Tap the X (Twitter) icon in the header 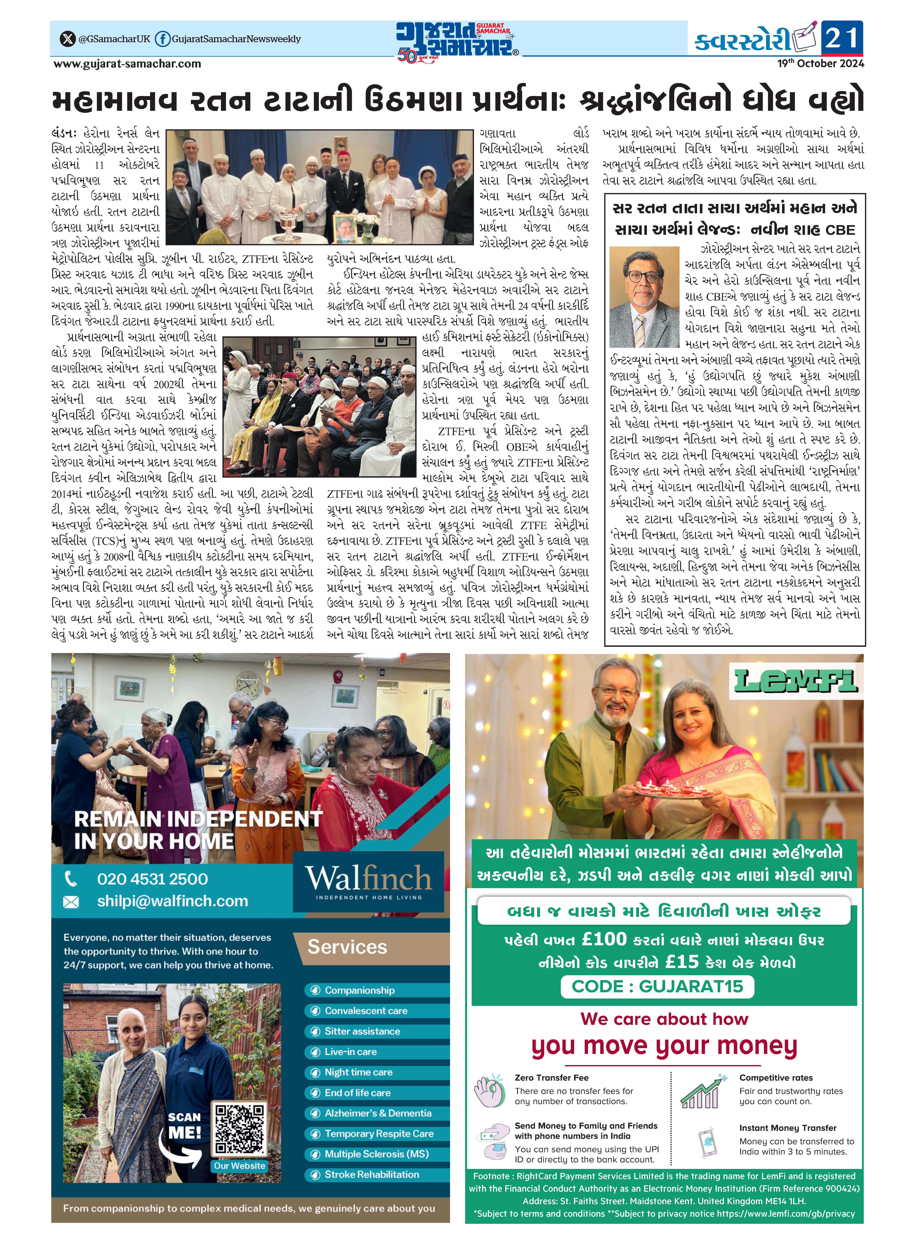[x=68, y=39]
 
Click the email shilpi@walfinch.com [x=172, y=901]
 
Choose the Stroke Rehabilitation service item [x=372, y=1174]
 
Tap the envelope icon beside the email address [x=71, y=902]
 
